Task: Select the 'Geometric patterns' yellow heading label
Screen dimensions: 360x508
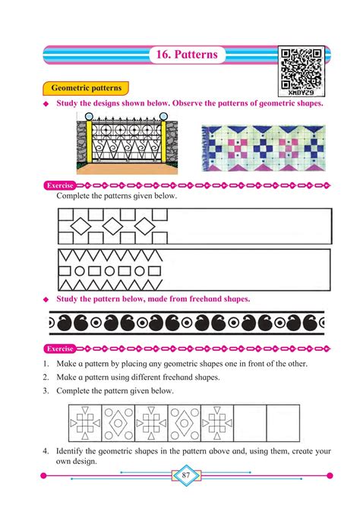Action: (x=87, y=89)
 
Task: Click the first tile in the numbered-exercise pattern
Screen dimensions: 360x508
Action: (x=85, y=422)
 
